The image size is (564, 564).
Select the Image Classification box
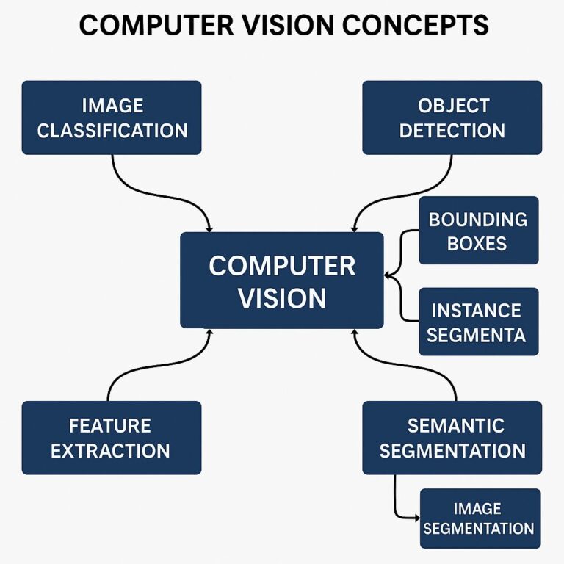(x=112, y=117)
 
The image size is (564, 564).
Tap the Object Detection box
(x=452, y=117)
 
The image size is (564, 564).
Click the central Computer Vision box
(x=281, y=280)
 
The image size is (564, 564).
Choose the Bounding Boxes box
(x=478, y=230)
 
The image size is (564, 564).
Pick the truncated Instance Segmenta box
(x=478, y=322)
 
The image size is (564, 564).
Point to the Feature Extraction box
(x=112, y=437)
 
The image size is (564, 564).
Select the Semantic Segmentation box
(x=452, y=437)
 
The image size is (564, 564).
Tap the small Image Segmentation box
(x=480, y=518)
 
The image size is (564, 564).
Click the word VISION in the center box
(x=282, y=298)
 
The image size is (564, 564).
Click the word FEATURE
(x=110, y=425)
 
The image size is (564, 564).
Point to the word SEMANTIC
(x=455, y=425)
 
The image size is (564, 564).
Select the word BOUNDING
(x=477, y=219)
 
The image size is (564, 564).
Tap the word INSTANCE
(x=476, y=311)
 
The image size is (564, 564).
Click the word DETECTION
(x=452, y=131)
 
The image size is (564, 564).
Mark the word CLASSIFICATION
(x=112, y=131)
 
